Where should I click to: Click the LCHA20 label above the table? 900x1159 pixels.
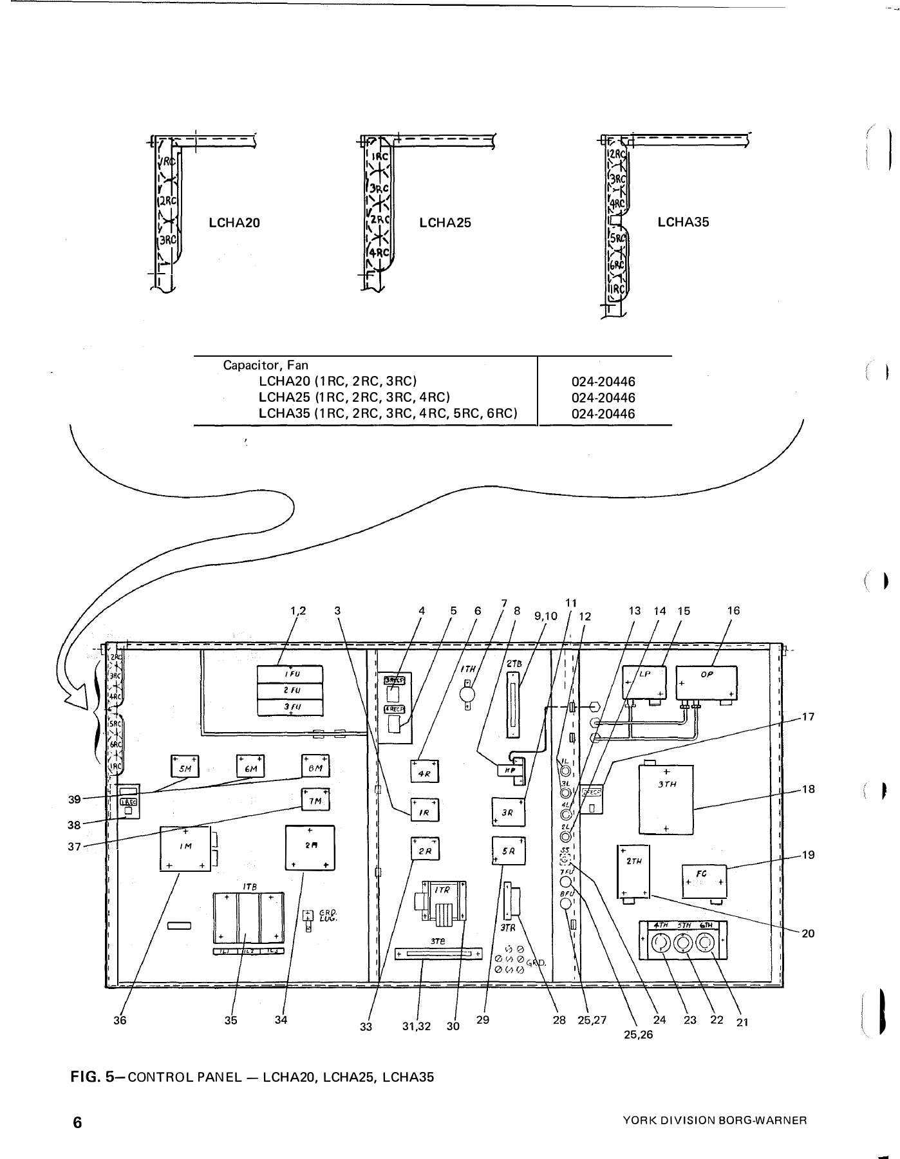pyautogui.click(x=234, y=223)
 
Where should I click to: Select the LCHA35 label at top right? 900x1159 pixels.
pyautogui.click(x=683, y=222)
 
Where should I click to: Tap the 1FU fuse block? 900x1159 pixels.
pyautogui.click(x=290, y=674)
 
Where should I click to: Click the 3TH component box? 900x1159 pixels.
pyautogui.click(x=666, y=798)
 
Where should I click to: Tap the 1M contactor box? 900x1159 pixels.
pyautogui.click(x=185, y=848)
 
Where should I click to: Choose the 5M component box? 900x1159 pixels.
pyautogui.click(x=185, y=767)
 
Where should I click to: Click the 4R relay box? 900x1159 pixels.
pyautogui.click(x=424, y=772)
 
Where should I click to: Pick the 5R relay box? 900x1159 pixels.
pyautogui.click(x=509, y=851)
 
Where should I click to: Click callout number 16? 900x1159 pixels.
pyautogui.click(x=733, y=610)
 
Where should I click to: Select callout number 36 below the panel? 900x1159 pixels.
pyautogui.click(x=120, y=1020)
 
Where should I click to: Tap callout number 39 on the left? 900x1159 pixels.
pyautogui.click(x=75, y=799)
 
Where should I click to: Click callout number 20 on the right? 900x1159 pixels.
pyautogui.click(x=808, y=933)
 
